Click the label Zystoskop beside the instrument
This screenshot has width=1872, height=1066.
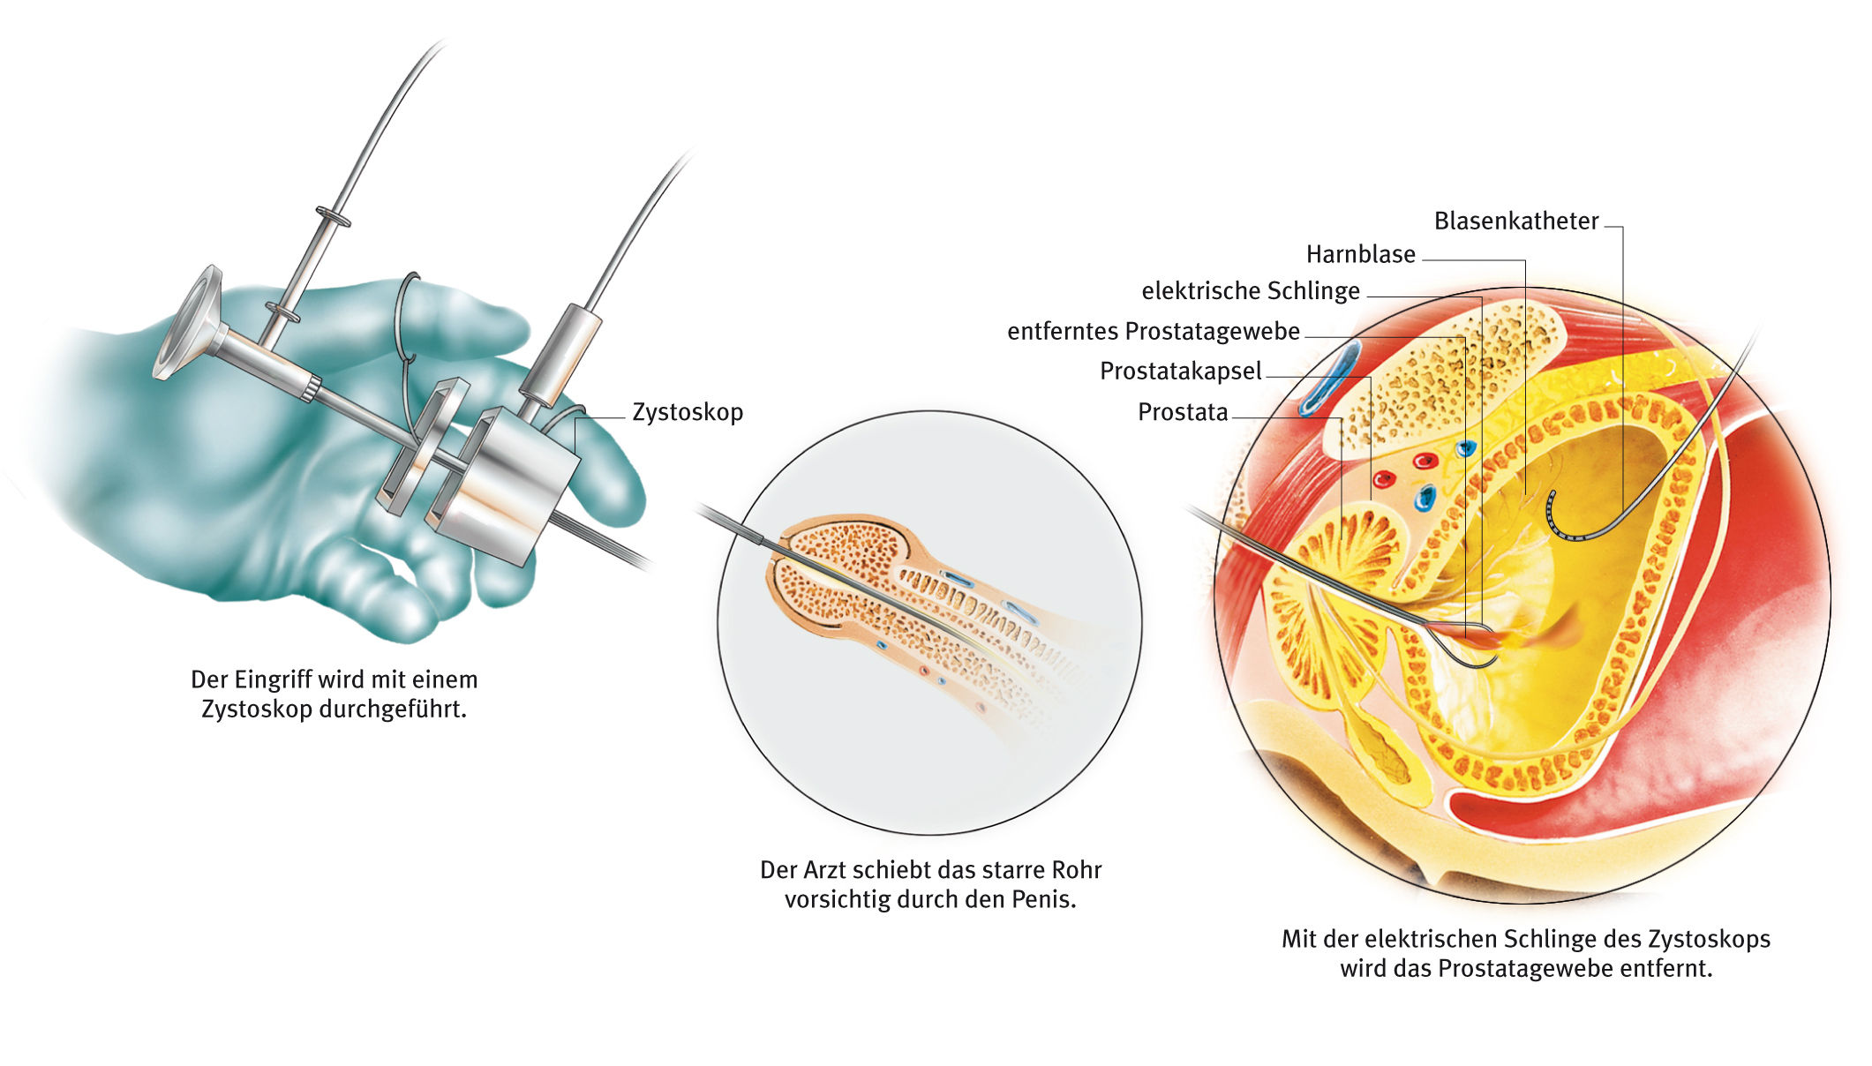(x=688, y=412)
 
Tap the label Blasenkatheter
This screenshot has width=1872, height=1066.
(x=1515, y=221)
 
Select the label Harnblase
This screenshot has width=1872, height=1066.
(x=1360, y=254)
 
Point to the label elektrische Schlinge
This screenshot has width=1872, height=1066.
(x=1250, y=290)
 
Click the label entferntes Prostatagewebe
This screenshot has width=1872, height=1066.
(x=1153, y=331)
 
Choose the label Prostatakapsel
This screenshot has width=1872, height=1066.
(x=1180, y=371)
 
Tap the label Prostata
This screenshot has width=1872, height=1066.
(x=1183, y=412)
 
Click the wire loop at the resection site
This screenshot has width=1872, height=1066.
(x=1470, y=653)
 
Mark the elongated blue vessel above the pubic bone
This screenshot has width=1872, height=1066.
(x=1328, y=379)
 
